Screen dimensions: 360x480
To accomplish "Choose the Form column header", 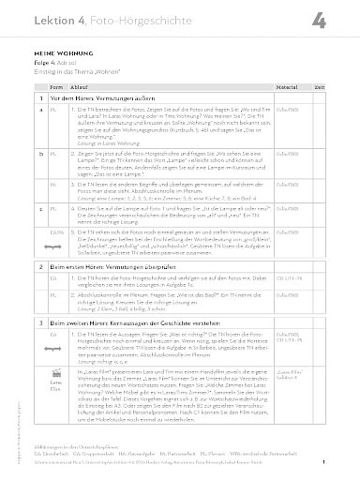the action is click(x=54, y=86).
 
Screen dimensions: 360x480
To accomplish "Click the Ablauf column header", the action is click(x=84, y=86).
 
